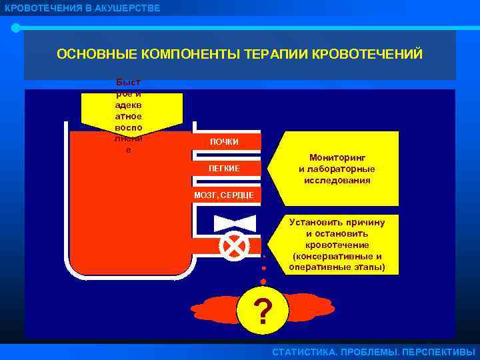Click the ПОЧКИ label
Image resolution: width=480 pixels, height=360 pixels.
coord(224,142)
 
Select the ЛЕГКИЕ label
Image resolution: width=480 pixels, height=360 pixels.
coord(224,168)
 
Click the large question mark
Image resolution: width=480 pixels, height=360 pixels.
coord(263,311)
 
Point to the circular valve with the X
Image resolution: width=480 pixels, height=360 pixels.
coord(235,246)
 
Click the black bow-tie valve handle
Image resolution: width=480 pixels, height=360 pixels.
coord(235,223)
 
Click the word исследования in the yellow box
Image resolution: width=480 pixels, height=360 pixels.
coord(337,180)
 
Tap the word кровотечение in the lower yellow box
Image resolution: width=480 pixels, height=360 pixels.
coord(337,245)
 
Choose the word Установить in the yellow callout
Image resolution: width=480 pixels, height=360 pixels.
coord(319,222)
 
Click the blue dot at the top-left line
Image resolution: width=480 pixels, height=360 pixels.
coord(16,28)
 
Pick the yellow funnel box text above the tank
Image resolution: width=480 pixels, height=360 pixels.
coord(128,113)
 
